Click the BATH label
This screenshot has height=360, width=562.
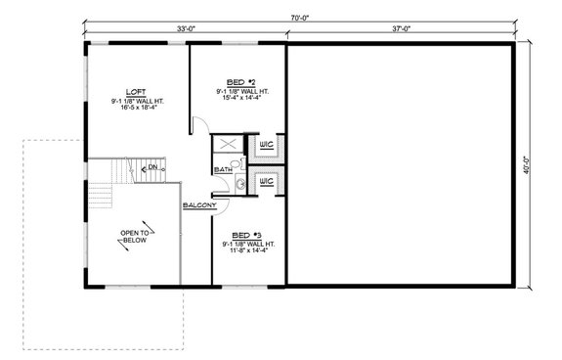tap(223, 170)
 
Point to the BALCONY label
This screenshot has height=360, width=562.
tap(199, 205)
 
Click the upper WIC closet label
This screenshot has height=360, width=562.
tap(265, 148)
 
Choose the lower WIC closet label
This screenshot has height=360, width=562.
tap(265, 182)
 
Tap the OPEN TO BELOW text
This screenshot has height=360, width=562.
tap(134, 236)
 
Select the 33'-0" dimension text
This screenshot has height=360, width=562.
tap(185, 29)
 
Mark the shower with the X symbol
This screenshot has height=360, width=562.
tap(227, 146)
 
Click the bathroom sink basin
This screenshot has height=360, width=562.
tap(239, 183)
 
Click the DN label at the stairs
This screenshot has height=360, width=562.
tap(152, 168)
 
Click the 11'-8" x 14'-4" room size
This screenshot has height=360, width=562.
tap(245, 250)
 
